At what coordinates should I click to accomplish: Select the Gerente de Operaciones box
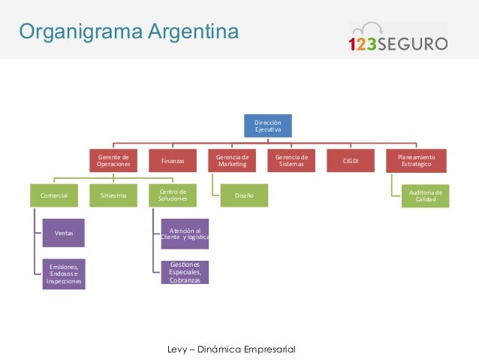[x=113, y=160]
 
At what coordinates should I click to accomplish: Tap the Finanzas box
[x=173, y=160]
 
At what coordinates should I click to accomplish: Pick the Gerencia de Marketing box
[x=232, y=160]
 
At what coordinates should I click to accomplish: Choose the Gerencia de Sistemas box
[x=291, y=160]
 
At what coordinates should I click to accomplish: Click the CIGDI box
[x=351, y=160]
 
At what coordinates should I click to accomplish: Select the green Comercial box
[x=54, y=195]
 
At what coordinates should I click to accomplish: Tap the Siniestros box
[x=113, y=195]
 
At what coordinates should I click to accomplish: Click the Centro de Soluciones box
[x=173, y=195]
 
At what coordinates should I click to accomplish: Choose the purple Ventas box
[x=63, y=234]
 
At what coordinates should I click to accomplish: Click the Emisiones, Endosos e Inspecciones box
[x=63, y=274]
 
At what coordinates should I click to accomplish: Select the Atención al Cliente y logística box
[x=185, y=234]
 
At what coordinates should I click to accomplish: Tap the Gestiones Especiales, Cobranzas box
[x=185, y=271]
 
